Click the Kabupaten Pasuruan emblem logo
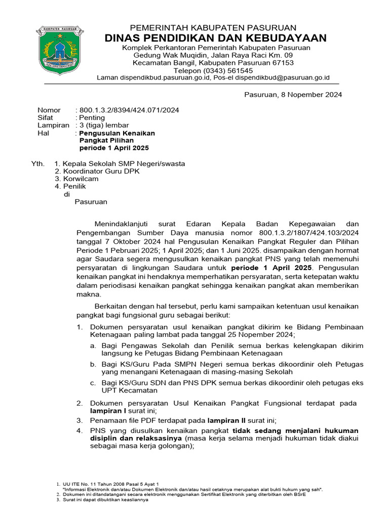point(57,50)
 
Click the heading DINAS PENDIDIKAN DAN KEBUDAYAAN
point(215,38)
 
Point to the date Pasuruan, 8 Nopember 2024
point(293,95)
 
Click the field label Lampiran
point(53,125)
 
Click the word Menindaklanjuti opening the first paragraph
point(124,224)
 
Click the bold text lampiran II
point(227,420)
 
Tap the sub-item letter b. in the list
point(93,364)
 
